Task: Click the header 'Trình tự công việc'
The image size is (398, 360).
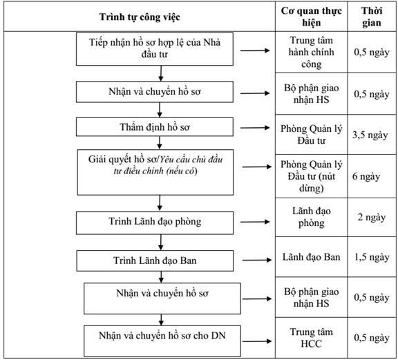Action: pyautogui.click(x=140, y=17)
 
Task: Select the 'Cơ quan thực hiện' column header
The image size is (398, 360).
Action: pyautogui.click(x=311, y=17)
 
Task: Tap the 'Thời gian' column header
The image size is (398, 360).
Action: pyautogui.click(x=372, y=17)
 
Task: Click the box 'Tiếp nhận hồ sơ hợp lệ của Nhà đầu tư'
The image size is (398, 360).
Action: pyautogui.click(x=155, y=49)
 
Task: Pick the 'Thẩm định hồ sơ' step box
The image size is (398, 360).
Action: pyautogui.click(x=155, y=126)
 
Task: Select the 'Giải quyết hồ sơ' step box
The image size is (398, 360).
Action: pyautogui.click(x=155, y=172)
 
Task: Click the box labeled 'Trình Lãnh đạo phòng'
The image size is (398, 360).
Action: pyautogui.click(x=155, y=223)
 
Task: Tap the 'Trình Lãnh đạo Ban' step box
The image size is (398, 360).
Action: pyautogui.click(x=155, y=260)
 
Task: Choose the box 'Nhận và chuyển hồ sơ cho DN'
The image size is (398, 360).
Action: pyautogui.click(x=162, y=341)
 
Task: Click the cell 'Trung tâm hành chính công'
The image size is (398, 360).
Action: pyautogui.click(x=311, y=52)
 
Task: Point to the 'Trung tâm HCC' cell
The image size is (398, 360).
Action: pyautogui.click(x=311, y=338)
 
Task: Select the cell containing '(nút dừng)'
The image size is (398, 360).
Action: pyautogui.click(x=311, y=176)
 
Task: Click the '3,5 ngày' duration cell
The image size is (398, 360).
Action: pyautogui.click(x=372, y=135)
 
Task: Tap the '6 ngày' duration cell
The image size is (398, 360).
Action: pyautogui.click(x=372, y=176)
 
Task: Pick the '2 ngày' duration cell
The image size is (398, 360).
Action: pyautogui.click(x=372, y=218)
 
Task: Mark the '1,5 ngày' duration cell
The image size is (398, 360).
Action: pyautogui.click(x=372, y=257)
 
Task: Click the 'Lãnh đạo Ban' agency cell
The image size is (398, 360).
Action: pyautogui.click(x=311, y=257)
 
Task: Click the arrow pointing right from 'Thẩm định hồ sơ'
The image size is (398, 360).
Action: pyautogui.click(x=255, y=128)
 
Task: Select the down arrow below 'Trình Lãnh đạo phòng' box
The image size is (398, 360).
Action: pyautogui.click(x=161, y=243)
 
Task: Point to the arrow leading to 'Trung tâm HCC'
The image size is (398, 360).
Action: pyautogui.click(x=257, y=341)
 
